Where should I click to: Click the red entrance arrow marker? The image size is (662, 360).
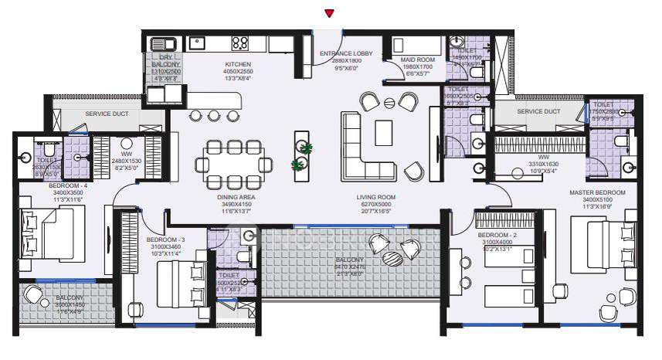(330, 13)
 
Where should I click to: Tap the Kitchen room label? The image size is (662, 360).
(238, 64)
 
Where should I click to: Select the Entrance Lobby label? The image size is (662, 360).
(346, 53)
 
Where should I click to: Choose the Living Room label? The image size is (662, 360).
(375, 197)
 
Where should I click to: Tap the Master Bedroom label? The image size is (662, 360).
(597, 192)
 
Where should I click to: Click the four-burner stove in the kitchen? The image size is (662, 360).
(239, 43)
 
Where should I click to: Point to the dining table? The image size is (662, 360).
(234, 165)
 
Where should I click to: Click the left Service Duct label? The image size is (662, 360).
(107, 114)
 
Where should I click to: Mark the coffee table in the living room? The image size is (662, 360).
(384, 133)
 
